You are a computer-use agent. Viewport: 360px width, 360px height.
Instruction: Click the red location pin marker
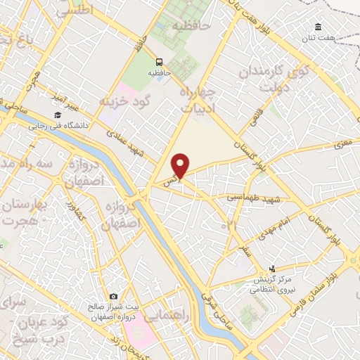point(181,166)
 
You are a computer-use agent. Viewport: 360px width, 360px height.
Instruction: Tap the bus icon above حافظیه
point(160,61)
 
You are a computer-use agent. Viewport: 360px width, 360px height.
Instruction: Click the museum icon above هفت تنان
point(319,27)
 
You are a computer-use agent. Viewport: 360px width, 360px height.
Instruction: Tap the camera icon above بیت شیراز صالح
point(115,297)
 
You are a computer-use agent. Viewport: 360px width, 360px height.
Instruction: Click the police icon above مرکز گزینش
point(274,269)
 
